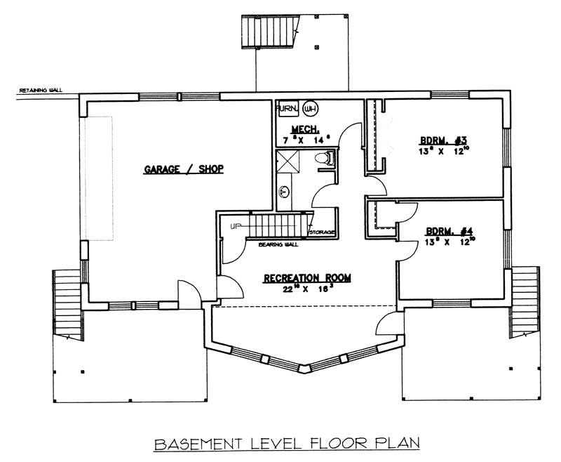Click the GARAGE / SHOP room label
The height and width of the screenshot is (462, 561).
(183, 169)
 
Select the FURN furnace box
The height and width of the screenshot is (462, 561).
(287, 109)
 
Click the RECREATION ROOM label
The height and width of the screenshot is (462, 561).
(307, 278)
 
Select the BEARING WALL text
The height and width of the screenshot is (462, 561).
(278, 245)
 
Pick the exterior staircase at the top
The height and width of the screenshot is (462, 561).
(270, 32)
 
